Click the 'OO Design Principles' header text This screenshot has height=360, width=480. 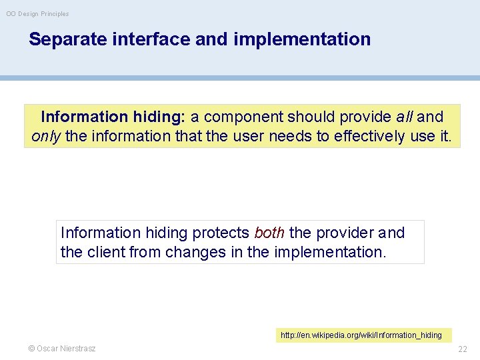[x=37, y=14]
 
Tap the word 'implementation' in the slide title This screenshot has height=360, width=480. [x=302, y=39]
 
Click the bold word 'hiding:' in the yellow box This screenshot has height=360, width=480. [x=159, y=117]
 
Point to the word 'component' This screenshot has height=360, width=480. [x=243, y=117]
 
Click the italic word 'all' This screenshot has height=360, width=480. [x=404, y=117]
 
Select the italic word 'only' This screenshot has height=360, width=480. [x=46, y=137]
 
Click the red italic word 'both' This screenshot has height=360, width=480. [x=269, y=233]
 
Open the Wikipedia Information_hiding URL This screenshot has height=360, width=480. [x=361, y=335]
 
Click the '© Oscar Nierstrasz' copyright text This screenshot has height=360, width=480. [x=62, y=349]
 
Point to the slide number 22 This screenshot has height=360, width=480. [x=463, y=349]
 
